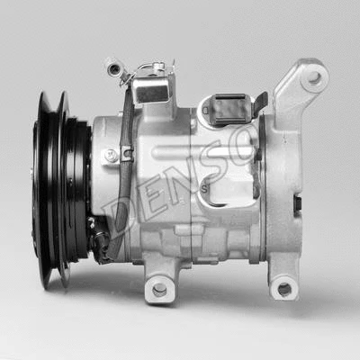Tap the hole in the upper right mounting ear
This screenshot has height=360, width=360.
(314, 77)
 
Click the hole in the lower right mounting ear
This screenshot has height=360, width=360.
(284, 289)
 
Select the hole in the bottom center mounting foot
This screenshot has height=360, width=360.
(160, 289)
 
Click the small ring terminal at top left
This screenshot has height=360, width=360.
(112, 66)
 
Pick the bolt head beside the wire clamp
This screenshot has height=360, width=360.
(111, 155)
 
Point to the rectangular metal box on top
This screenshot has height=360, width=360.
(151, 90)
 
